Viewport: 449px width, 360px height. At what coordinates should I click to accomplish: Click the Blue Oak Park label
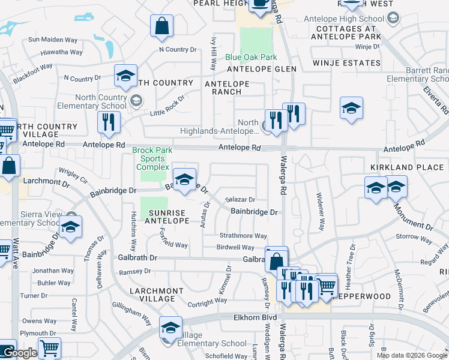251,58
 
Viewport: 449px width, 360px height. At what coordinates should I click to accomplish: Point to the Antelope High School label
346,18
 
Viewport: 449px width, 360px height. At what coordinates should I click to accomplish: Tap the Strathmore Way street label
243,236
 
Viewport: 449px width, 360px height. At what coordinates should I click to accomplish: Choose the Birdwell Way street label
235,247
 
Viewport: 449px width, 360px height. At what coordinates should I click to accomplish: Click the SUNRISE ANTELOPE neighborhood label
170,217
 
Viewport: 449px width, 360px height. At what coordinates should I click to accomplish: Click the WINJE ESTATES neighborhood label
346,63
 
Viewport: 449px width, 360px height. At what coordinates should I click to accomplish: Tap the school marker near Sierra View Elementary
70,227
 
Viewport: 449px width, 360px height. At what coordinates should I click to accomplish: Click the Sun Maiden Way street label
53,40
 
